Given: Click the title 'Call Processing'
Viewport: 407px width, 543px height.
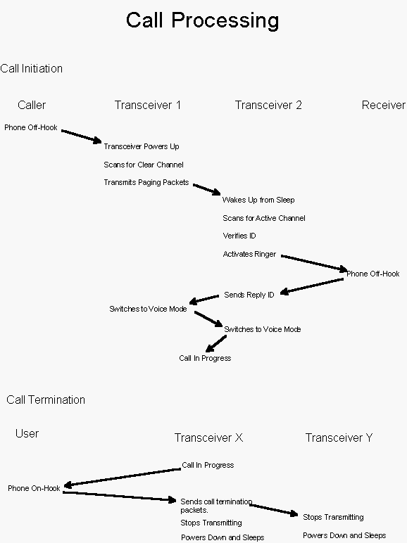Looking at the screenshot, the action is click(203, 21).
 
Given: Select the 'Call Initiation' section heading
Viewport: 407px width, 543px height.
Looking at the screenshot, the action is click(31, 68).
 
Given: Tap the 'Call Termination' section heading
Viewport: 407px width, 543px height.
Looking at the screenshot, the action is click(46, 400).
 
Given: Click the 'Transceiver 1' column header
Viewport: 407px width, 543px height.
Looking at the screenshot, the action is click(148, 105).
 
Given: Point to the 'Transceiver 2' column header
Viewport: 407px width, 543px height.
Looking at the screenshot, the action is click(268, 105).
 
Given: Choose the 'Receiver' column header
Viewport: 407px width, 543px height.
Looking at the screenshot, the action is click(384, 105).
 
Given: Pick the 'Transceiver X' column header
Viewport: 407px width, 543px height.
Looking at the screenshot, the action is click(208, 437).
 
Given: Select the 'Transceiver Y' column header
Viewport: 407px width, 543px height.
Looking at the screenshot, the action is click(339, 437).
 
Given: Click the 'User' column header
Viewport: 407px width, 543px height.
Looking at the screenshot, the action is click(27, 433).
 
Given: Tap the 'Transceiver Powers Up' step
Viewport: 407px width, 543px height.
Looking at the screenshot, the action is click(142, 146).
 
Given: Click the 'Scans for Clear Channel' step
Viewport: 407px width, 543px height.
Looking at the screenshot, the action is click(144, 165).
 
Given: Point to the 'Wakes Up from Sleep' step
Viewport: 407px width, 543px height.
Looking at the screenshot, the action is click(258, 200).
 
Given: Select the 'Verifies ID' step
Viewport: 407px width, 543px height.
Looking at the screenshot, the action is click(239, 236).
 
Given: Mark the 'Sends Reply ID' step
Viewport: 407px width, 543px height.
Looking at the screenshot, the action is click(249, 295).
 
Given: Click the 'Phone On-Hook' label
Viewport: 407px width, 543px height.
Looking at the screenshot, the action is click(34, 488).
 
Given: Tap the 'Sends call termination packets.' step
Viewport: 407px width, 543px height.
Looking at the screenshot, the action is click(216, 506).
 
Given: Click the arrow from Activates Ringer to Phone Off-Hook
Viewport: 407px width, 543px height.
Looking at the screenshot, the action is click(314, 263).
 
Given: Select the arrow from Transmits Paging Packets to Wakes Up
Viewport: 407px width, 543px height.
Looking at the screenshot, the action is click(206, 189).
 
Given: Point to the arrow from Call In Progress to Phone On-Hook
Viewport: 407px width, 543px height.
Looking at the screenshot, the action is click(123, 478).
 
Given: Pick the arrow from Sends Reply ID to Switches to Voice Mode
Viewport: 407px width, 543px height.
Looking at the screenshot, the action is click(203, 300).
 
